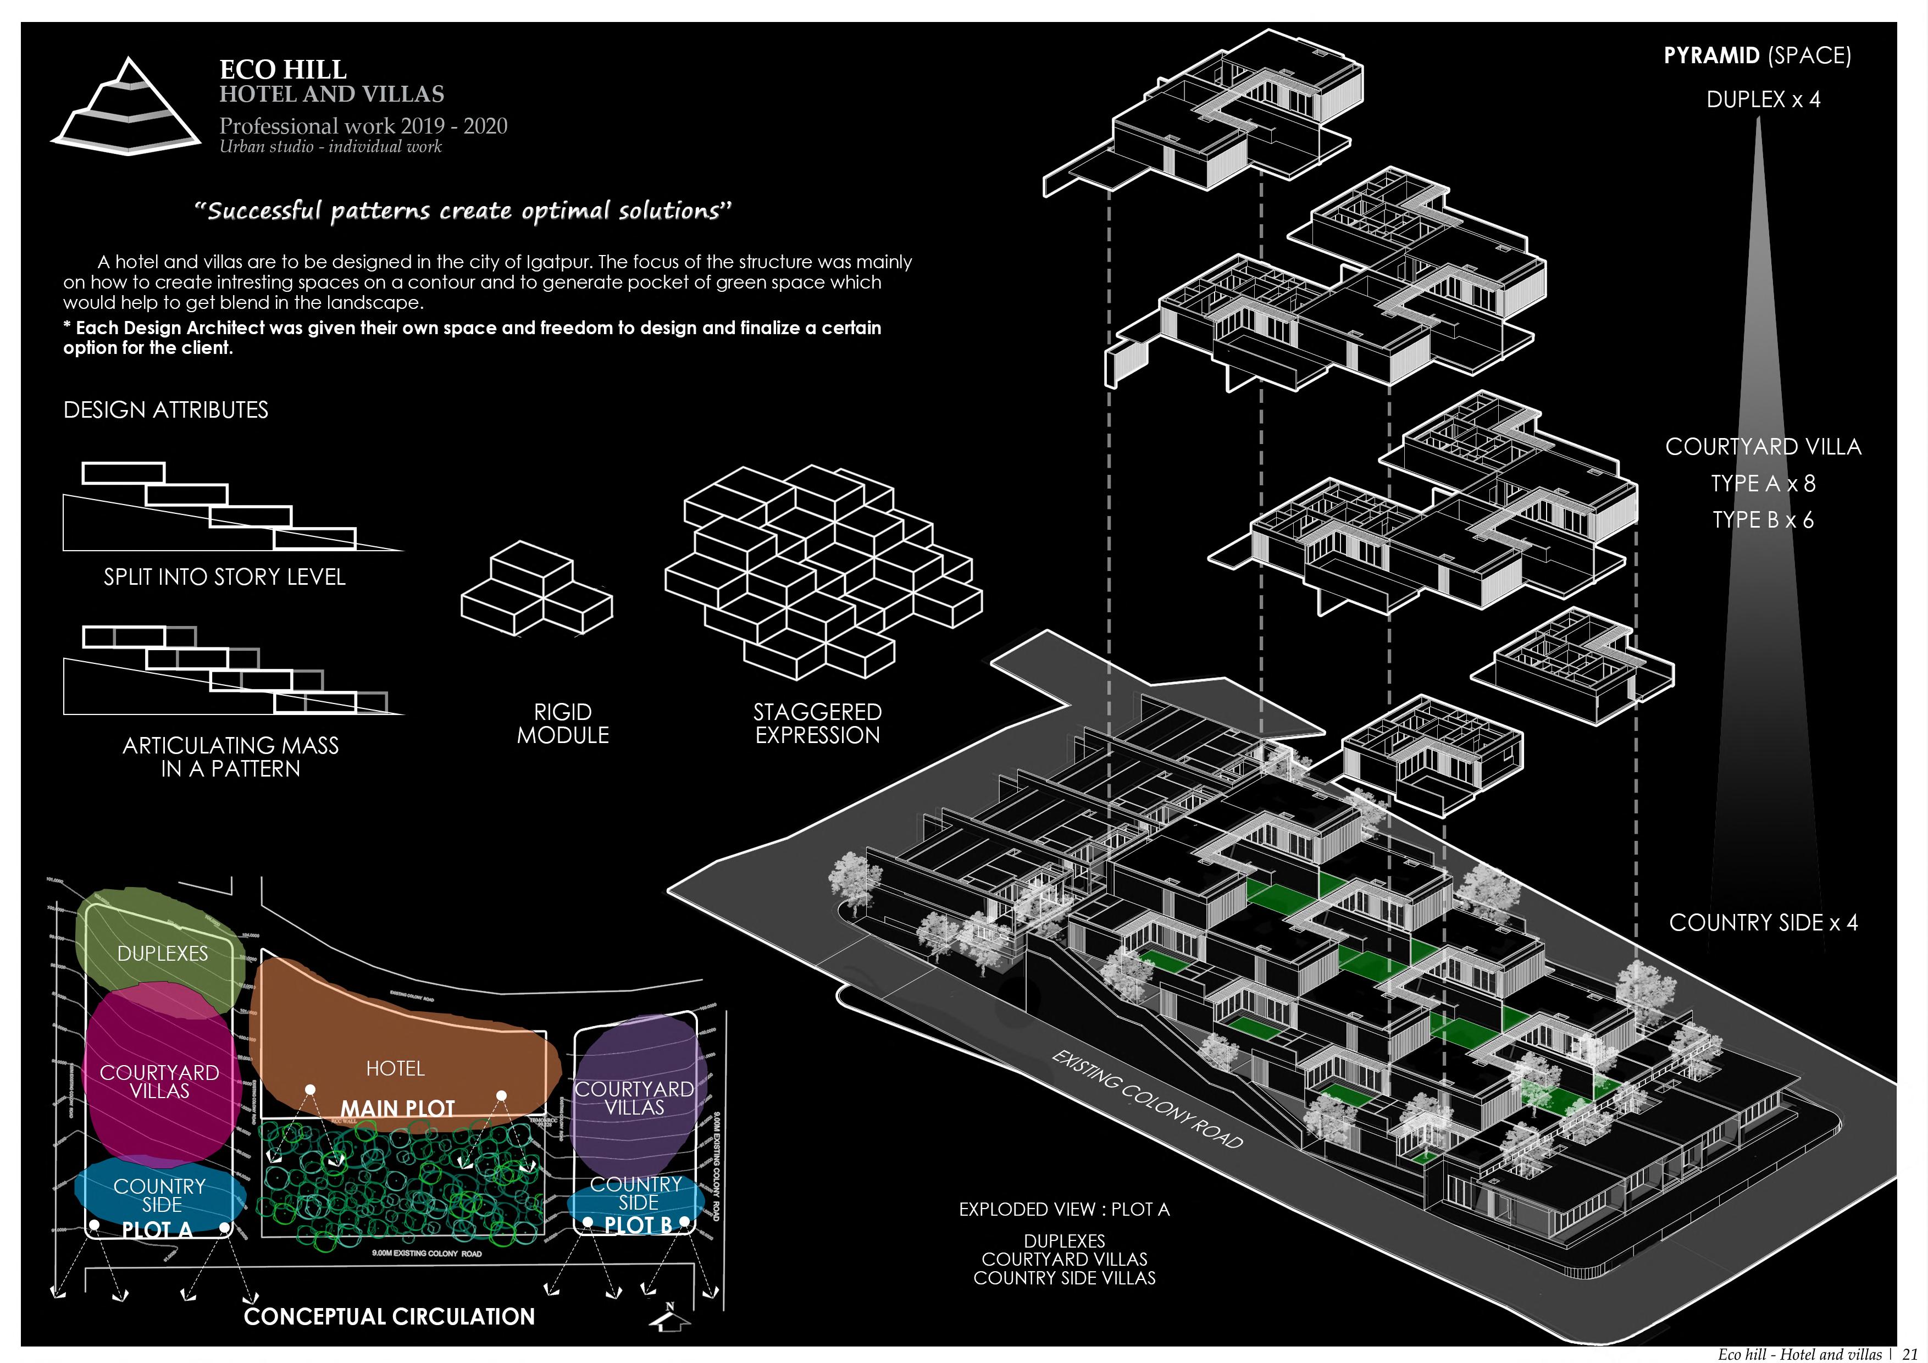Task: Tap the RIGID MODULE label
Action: (563, 723)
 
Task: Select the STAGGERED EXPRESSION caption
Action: (817, 723)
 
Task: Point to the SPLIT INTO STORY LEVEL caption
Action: (224, 577)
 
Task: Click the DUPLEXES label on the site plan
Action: (162, 953)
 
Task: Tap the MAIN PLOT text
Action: (397, 1109)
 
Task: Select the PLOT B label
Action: (638, 1226)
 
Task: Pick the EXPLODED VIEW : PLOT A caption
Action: (1064, 1209)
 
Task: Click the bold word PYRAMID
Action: (1711, 56)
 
